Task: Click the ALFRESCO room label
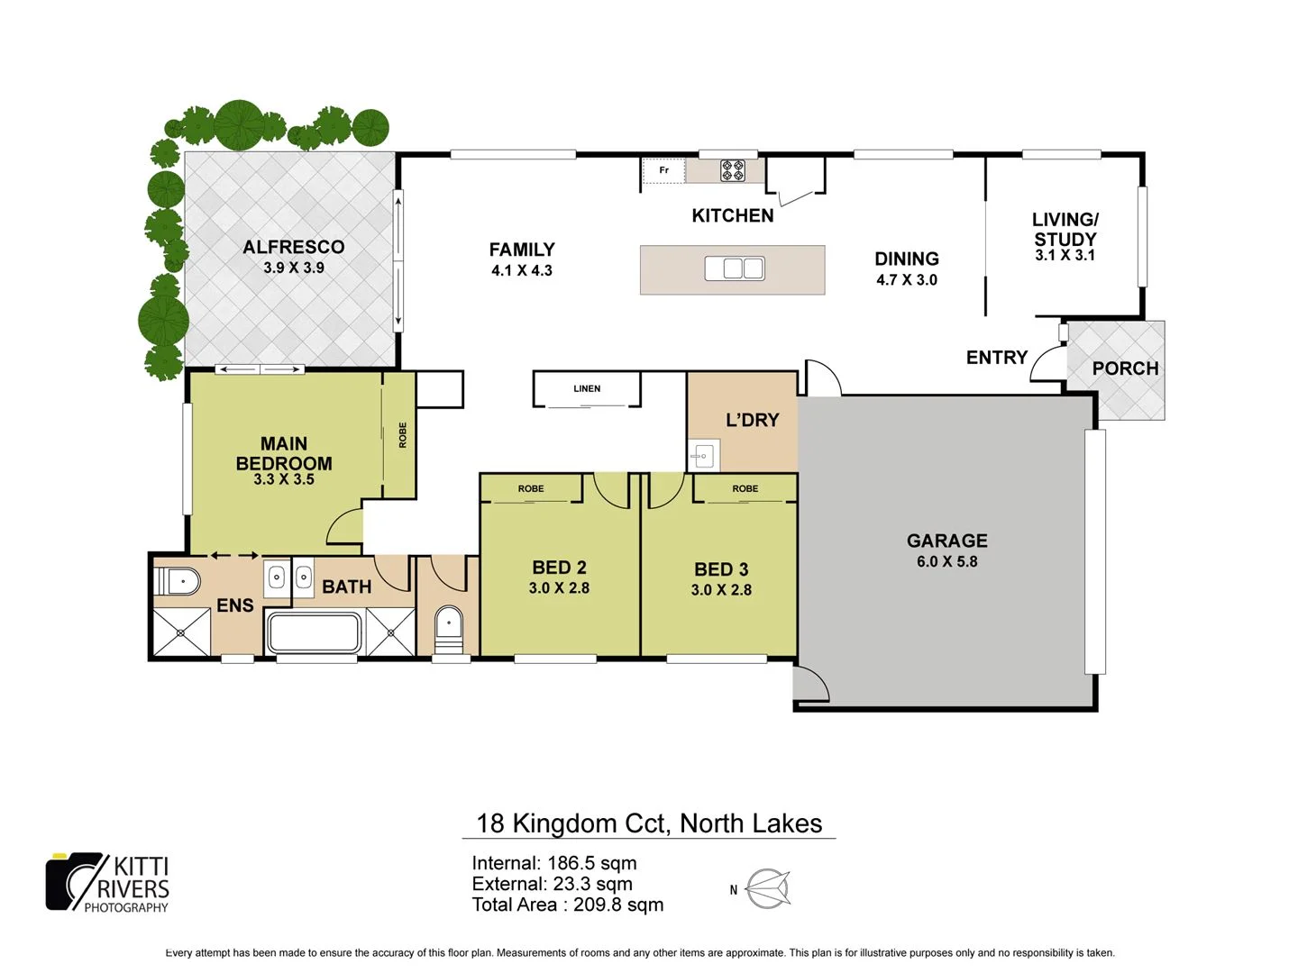(293, 248)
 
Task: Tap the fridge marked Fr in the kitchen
(663, 170)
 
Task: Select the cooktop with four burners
(732, 170)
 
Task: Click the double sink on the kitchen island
(734, 268)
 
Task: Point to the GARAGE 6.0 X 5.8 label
(946, 550)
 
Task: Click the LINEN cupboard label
(587, 389)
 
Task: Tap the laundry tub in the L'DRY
(704, 456)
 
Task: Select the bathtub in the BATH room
(314, 632)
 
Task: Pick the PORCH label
(1124, 368)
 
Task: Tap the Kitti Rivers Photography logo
(107, 883)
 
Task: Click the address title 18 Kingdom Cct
(648, 823)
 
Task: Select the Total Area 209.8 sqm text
(567, 905)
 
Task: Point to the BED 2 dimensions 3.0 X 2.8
(559, 588)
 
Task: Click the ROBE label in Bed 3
(745, 489)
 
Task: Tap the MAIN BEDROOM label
(284, 453)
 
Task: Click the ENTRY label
(996, 358)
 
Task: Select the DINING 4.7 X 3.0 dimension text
(906, 280)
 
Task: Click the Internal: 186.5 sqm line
(553, 863)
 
